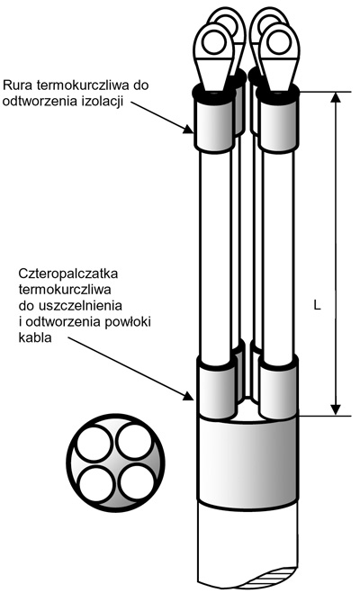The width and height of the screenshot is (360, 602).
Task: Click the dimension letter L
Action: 317,305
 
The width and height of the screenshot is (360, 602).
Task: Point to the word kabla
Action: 35,338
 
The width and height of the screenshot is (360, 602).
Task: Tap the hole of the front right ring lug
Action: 278,42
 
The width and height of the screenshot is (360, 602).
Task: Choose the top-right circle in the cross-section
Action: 135,442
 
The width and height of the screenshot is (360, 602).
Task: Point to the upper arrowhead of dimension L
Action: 336,97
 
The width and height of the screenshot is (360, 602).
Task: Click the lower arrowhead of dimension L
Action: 336,409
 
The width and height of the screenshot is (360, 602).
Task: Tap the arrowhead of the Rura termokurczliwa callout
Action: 188,130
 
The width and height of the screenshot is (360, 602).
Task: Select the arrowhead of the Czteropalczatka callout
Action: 188,396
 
